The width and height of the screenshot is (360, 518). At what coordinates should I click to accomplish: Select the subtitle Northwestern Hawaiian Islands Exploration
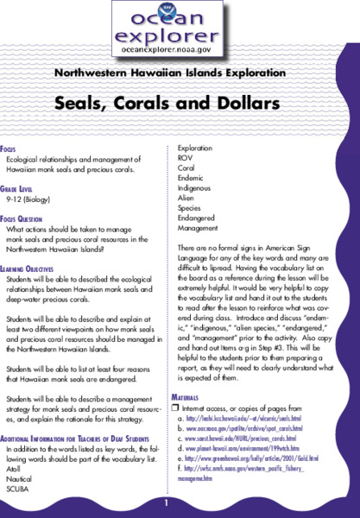[180, 72]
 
